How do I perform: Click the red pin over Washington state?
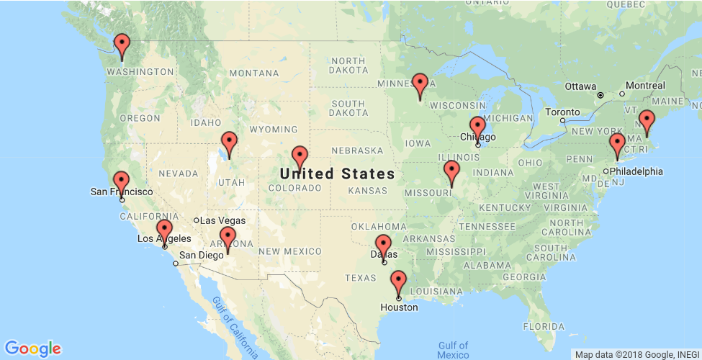point(122,45)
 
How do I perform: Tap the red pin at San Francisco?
point(122,181)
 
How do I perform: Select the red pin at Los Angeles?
point(164,230)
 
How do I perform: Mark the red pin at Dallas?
point(383,245)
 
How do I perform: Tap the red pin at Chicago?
point(477,127)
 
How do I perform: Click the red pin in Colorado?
point(300,156)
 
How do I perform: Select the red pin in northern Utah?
point(229,142)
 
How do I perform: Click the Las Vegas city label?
point(222,220)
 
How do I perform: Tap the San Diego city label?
point(201,255)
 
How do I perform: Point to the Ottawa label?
point(580,86)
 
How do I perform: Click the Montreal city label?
point(645,86)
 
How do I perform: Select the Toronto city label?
point(562,112)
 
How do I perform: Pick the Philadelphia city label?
point(636,171)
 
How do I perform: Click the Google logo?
point(32,348)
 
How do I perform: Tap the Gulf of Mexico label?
point(453,350)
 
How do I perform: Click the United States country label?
point(337,174)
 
